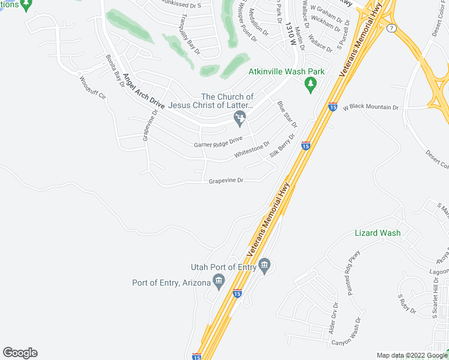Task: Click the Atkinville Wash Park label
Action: [286, 72]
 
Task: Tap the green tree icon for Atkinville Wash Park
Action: [311, 85]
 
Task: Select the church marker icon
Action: [240, 121]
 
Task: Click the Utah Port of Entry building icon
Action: [264, 266]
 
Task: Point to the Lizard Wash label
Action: [378, 233]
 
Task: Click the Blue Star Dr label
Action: [287, 114]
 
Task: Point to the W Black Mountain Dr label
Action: [370, 107]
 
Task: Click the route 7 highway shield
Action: [391, 28]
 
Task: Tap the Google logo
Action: [20, 353]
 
